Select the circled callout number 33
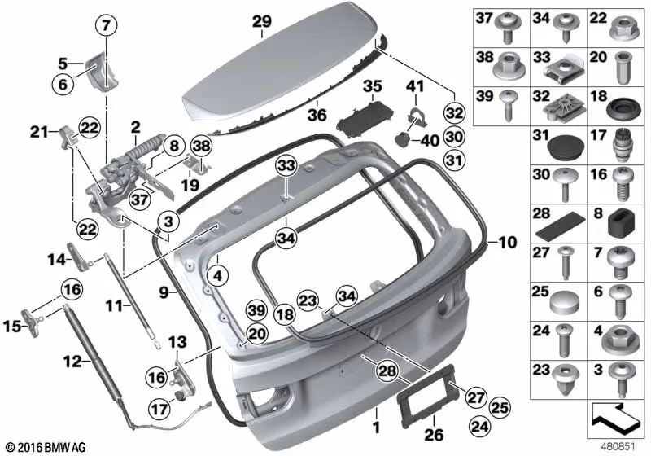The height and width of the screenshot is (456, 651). point(287,166)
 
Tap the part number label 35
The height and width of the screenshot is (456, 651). point(372,86)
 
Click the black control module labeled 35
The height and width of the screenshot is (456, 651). point(365,117)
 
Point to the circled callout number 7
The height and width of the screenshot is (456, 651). point(107,26)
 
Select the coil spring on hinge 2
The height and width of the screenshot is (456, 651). point(142,147)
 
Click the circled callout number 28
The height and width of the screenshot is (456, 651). point(387,370)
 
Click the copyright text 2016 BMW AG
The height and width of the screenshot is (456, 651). point(46,448)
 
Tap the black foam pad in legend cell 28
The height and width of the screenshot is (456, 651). point(560,227)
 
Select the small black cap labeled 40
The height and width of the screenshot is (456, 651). point(402,139)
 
